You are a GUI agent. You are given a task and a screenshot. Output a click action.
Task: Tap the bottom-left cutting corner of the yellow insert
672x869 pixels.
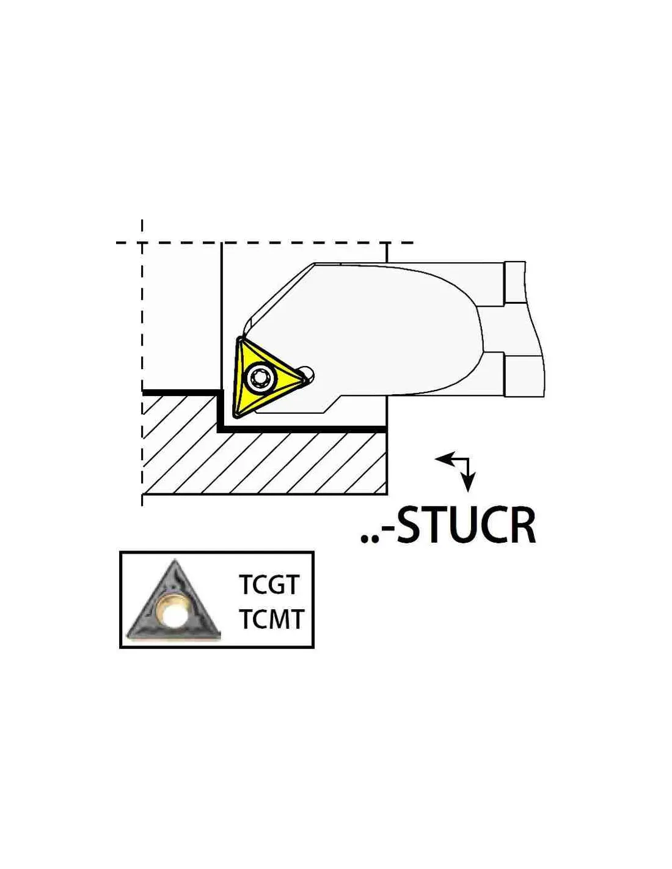(x=237, y=417)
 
